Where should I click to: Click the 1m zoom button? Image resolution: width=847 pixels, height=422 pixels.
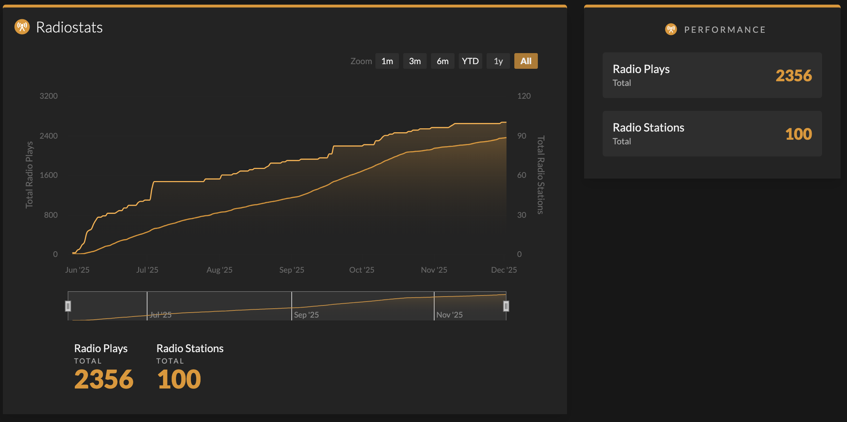(387, 61)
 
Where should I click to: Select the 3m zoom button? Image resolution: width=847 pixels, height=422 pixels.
(415, 61)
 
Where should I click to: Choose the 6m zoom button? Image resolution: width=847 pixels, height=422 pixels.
(442, 61)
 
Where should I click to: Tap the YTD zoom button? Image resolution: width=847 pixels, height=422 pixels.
(470, 61)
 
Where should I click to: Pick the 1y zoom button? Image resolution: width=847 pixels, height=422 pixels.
(498, 61)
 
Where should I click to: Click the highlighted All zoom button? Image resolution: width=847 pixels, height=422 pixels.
(526, 61)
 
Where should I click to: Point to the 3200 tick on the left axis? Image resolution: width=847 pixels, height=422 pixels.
(48, 96)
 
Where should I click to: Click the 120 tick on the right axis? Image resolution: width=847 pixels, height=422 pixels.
(524, 96)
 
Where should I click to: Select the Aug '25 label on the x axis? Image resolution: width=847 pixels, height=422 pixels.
(219, 270)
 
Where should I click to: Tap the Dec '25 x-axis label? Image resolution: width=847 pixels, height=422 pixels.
(504, 270)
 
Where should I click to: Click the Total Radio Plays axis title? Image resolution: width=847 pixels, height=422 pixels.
(29, 175)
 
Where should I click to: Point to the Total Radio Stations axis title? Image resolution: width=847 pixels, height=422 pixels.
(540, 175)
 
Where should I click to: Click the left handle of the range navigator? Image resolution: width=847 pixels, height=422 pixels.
(68, 306)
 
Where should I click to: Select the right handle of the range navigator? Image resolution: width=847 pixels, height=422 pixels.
(506, 306)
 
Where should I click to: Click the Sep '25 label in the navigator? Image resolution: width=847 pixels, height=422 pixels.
(306, 315)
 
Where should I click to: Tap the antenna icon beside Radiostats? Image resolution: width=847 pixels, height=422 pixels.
(22, 27)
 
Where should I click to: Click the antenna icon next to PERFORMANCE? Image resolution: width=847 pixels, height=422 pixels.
(671, 29)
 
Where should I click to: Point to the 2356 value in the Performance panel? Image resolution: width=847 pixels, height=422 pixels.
(794, 76)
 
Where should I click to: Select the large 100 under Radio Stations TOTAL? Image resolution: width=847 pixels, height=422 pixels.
(179, 379)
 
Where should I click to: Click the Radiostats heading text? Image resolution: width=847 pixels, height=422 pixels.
(69, 27)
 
